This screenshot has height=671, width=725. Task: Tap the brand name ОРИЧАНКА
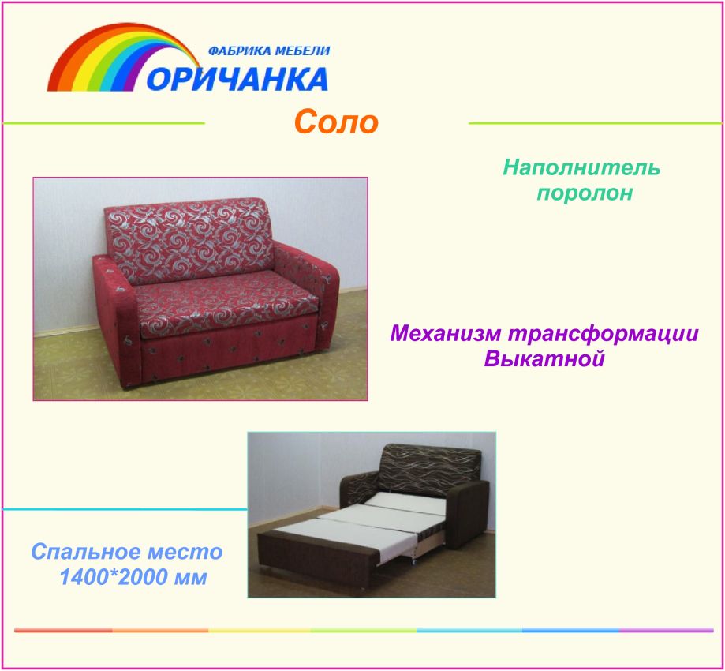point(237,79)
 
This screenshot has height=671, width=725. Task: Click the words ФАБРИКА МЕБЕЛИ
point(269,51)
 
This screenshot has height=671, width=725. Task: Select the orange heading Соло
point(336,122)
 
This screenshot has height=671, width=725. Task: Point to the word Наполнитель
point(581,167)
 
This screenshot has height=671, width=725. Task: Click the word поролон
point(584,193)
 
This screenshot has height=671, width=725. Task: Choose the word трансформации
point(603,334)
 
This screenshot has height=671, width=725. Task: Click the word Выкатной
point(544,359)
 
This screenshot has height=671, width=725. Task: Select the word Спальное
point(84,552)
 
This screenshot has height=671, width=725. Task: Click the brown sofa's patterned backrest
point(429,468)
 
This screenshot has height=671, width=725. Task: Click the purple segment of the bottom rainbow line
point(666,630)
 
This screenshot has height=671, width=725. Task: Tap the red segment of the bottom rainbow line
point(63,630)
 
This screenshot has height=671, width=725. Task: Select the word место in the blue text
point(185,553)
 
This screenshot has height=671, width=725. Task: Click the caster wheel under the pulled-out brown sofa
point(413,562)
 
